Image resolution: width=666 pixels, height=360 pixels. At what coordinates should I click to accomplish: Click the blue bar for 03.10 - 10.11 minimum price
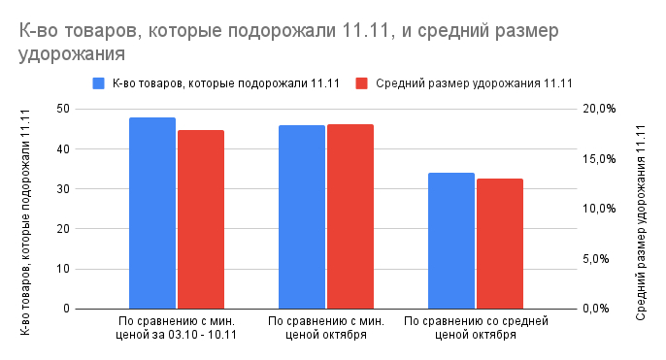click(152, 213)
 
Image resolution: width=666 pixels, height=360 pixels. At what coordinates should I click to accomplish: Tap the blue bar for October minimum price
click(302, 217)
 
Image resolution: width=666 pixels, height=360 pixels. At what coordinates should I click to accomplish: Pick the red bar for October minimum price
click(350, 216)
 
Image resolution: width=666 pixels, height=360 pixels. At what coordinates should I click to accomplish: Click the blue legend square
click(98, 83)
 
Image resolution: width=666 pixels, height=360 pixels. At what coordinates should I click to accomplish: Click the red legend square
click(362, 83)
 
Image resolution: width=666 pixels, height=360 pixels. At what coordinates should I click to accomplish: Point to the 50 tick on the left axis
click(63, 109)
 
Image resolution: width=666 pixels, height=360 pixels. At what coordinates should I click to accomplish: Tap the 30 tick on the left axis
click(63, 189)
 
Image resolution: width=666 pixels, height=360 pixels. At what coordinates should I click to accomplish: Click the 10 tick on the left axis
click(63, 269)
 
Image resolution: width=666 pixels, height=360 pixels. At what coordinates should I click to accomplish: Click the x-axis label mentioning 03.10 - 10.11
click(177, 327)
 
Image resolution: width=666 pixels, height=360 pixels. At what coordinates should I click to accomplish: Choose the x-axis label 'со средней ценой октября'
click(476, 327)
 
